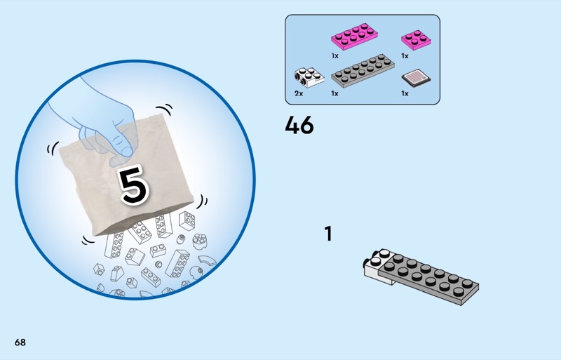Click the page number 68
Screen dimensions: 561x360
click(x=20, y=342)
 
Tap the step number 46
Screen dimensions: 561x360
click(x=299, y=126)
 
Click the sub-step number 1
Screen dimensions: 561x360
click(x=328, y=234)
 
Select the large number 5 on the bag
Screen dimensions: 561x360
click(x=134, y=185)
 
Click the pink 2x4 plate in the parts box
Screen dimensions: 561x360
click(x=355, y=36)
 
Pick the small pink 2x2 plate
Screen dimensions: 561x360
click(x=416, y=39)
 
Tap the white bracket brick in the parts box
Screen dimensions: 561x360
click(x=309, y=77)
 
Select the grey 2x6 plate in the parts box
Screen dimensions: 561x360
click(x=363, y=71)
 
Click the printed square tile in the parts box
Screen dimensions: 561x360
click(x=416, y=78)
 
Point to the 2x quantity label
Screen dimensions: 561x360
click(x=299, y=93)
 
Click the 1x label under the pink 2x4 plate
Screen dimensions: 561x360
click(x=335, y=56)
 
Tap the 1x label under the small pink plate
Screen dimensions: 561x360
click(x=405, y=56)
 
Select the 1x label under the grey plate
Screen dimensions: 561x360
click(x=335, y=93)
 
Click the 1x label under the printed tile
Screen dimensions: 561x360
click(x=405, y=93)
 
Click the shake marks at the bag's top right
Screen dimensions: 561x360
click(x=164, y=109)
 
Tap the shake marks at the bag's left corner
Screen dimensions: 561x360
click(x=53, y=148)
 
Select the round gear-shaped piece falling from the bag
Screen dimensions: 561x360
click(x=199, y=241)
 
